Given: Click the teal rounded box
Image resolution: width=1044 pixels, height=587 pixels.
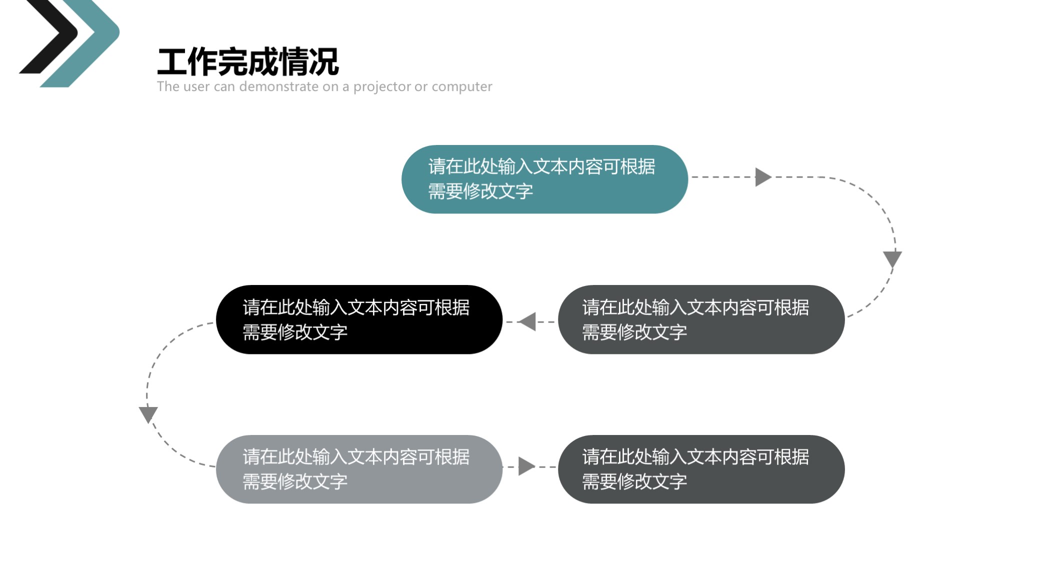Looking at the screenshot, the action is pyautogui.click(x=544, y=179).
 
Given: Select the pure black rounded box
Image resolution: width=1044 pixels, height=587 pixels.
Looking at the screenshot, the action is pyautogui.click(x=359, y=319).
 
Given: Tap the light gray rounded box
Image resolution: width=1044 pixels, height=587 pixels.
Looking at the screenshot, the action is pyautogui.click(x=359, y=469).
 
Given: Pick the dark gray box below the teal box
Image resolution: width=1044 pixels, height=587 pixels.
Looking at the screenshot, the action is pyautogui.click(x=701, y=319).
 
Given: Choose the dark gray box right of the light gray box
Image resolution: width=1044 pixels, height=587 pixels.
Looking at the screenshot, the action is pyautogui.click(x=701, y=469).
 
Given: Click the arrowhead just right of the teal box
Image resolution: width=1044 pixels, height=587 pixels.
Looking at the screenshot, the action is pyautogui.click(x=763, y=177).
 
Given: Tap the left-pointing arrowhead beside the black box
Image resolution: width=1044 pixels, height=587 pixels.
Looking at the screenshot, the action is pyautogui.click(x=527, y=321).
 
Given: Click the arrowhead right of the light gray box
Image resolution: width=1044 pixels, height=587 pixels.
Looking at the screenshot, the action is pyautogui.click(x=527, y=466).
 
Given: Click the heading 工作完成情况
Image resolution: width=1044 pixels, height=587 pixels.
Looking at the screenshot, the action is pyautogui.click(x=248, y=61).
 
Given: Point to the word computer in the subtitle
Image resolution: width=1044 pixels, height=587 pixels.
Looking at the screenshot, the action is pyautogui.click(x=462, y=87).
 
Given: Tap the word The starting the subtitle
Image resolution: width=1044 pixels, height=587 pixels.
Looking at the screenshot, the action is pyautogui.click(x=168, y=86).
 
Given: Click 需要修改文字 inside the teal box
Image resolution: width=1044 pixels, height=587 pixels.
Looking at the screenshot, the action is pyautogui.click(x=480, y=191).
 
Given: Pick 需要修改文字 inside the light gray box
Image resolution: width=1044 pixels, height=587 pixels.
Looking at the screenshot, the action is pyautogui.click(x=295, y=482).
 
